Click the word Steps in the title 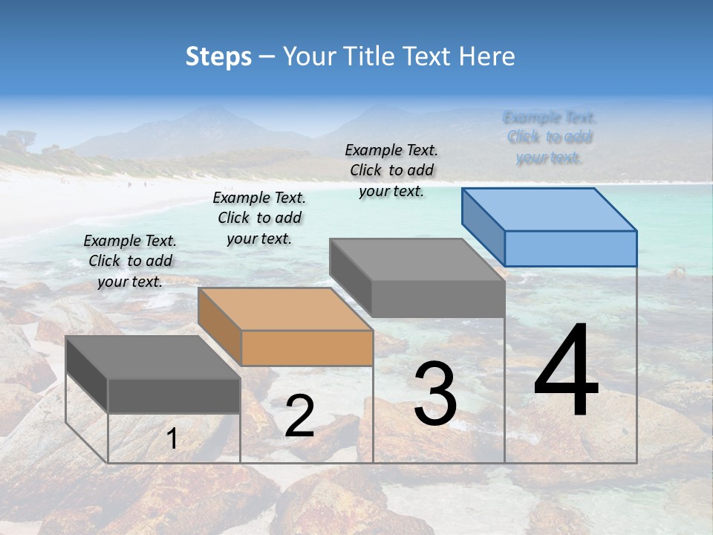click(218, 56)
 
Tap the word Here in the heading click(486, 56)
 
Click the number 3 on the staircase click(435, 394)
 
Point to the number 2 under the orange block click(299, 416)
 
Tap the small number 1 click(172, 439)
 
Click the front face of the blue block click(570, 248)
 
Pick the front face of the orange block click(307, 348)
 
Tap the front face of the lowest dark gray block click(174, 395)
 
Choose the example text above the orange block click(259, 218)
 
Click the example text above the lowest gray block click(130, 261)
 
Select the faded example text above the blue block click(550, 137)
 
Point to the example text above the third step click(391, 170)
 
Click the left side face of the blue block click(483, 226)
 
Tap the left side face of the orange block click(220, 326)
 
